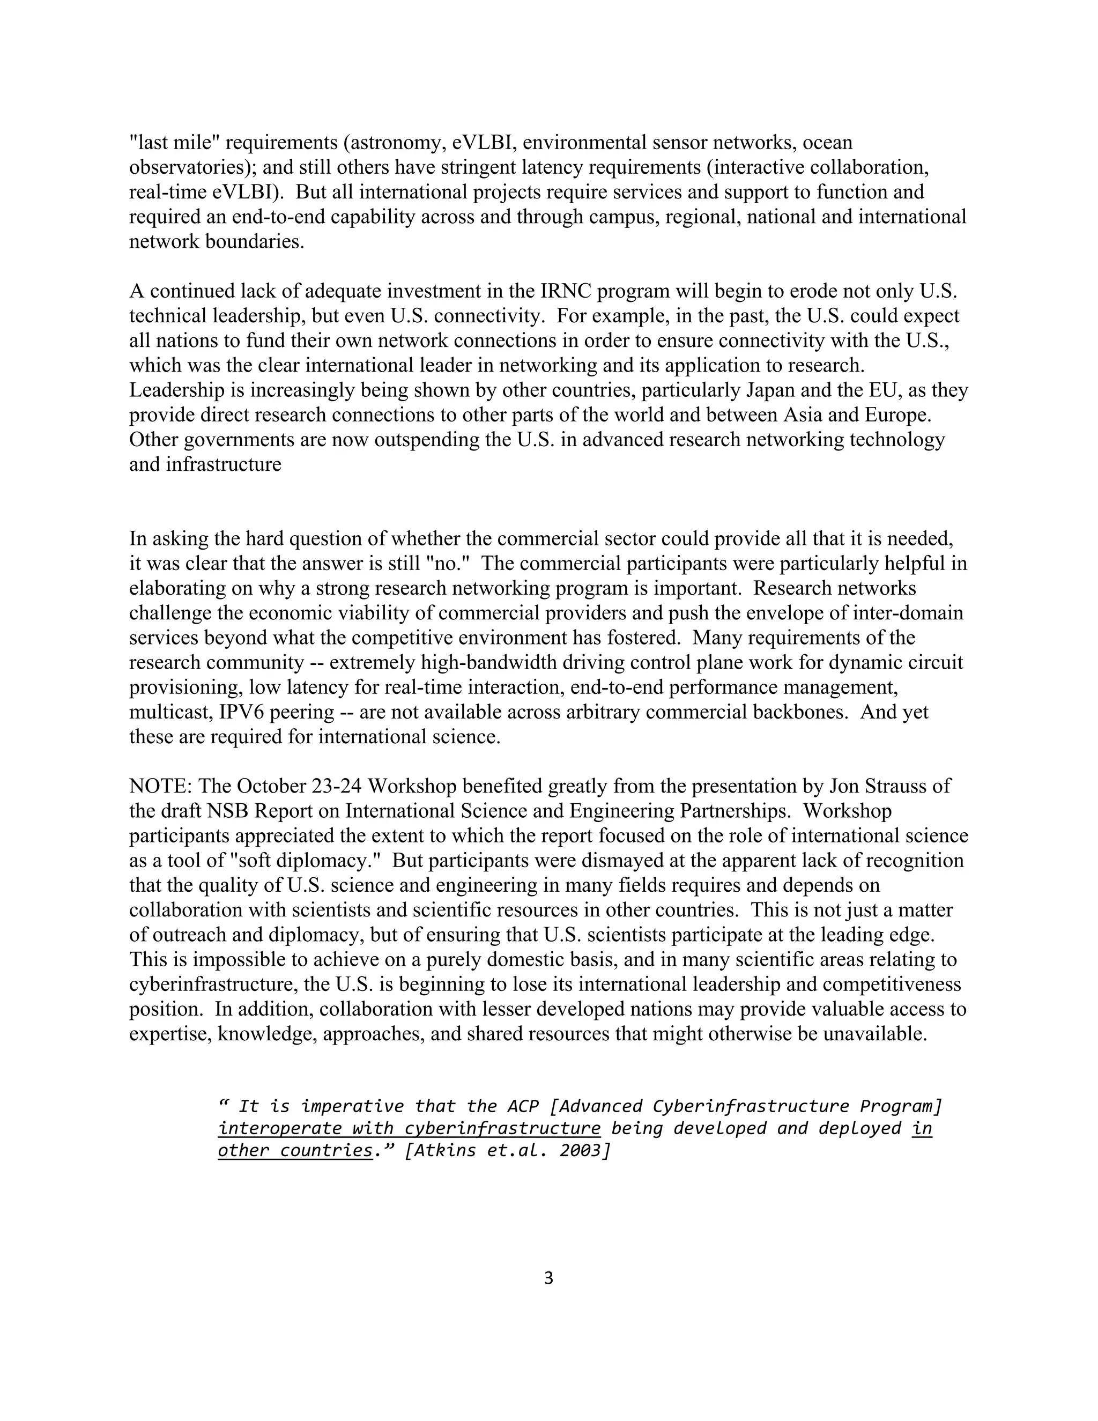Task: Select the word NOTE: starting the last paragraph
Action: (161, 787)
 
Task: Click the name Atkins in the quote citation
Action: (445, 1150)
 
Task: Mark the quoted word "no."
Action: (451, 564)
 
